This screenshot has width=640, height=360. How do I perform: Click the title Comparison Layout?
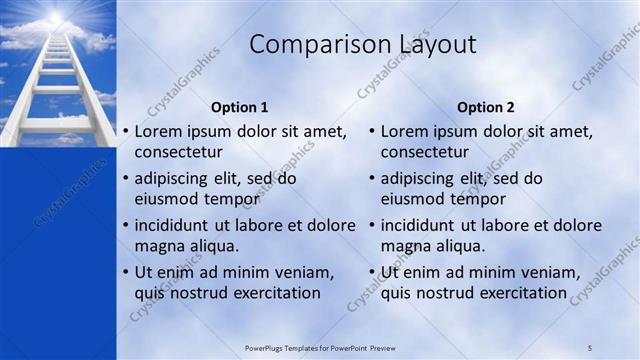(362, 44)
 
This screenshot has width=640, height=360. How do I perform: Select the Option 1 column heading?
(239, 107)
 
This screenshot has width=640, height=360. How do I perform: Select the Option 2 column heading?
(485, 107)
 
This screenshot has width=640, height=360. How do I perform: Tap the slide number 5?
(590, 347)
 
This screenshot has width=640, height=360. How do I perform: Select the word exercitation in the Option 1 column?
(274, 293)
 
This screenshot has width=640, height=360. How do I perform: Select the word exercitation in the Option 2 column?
(520, 293)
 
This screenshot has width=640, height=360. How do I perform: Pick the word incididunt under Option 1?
(175, 225)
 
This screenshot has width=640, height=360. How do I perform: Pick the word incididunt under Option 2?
(421, 225)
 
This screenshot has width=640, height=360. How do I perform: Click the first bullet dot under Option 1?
(125, 131)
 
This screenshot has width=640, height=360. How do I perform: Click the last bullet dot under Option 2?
(371, 272)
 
